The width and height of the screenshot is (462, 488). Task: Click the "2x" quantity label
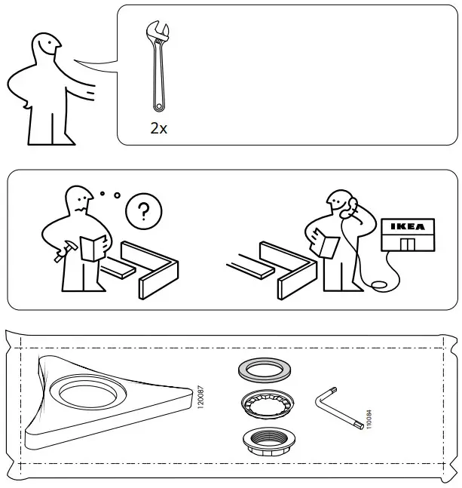pos(158,128)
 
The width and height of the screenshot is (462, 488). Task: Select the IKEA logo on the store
pos(407,226)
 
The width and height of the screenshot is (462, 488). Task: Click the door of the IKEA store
pos(407,246)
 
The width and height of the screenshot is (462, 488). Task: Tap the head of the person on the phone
pos(338,204)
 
